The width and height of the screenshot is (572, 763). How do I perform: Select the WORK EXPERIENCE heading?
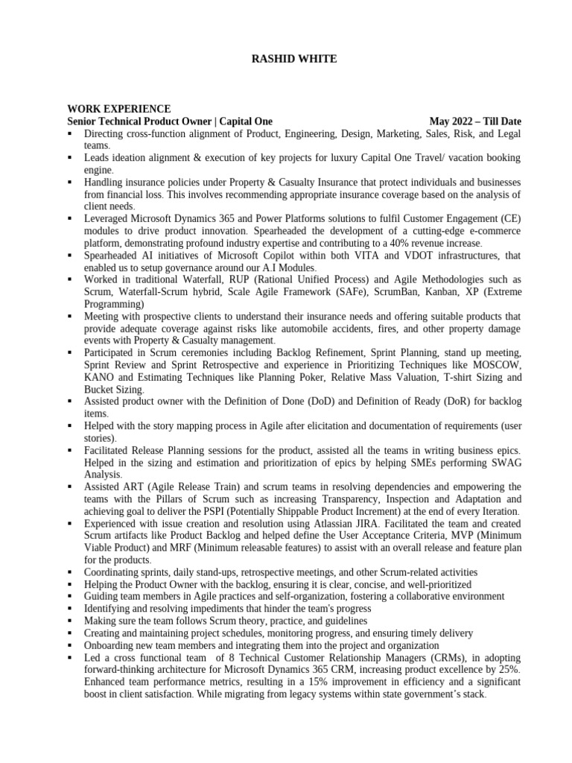[119, 109]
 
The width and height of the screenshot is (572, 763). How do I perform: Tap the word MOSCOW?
[497, 364]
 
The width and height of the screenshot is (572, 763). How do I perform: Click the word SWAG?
[504, 462]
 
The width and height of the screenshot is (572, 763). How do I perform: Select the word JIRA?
[367, 523]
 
